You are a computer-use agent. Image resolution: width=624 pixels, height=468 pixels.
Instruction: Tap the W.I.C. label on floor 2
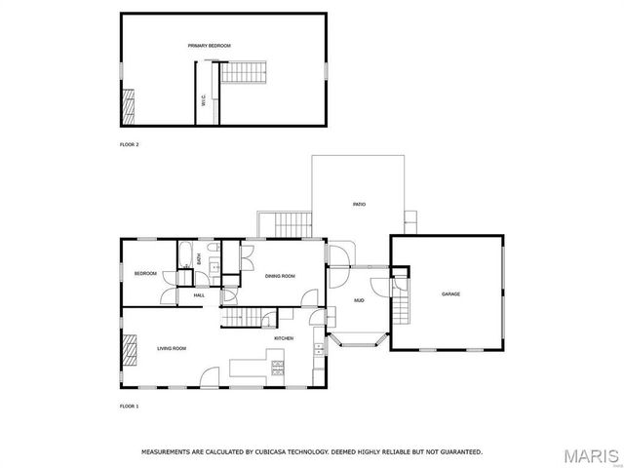tap(203, 99)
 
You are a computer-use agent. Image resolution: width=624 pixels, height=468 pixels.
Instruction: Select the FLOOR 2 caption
tap(129, 144)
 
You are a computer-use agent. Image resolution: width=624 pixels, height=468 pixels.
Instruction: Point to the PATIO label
tap(359, 204)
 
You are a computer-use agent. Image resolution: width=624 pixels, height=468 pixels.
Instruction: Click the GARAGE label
tap(450, 293)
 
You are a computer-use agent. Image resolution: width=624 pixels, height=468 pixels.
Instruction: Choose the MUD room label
tap(359, 299)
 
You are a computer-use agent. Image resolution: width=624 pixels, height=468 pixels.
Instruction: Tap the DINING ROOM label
tap(280, 276)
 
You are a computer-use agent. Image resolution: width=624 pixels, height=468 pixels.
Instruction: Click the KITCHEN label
tap(284, 338)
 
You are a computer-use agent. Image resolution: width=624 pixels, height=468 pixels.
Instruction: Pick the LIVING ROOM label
tap(173, 348)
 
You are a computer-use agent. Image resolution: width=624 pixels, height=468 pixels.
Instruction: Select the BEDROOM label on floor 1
tap(145, 274)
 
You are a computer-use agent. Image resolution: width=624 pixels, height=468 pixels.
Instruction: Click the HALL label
tap(199, 295)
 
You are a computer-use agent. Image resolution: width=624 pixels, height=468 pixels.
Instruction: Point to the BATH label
tap(200, 259)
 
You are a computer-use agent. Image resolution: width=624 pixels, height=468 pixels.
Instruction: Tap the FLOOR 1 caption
tap(129, 405)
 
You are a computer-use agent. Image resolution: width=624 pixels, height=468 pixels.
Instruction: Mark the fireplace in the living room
tap(129, 348)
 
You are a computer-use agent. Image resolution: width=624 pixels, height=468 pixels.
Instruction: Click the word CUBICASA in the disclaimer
tap(272, 452)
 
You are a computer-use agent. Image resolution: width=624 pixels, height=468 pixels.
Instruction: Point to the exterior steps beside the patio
tap(290, 223)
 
